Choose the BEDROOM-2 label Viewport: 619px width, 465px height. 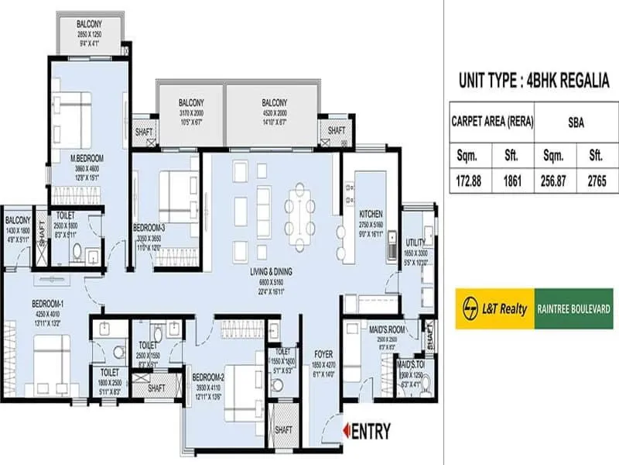pos(210,378)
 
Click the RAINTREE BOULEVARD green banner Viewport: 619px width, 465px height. pos(575,308)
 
